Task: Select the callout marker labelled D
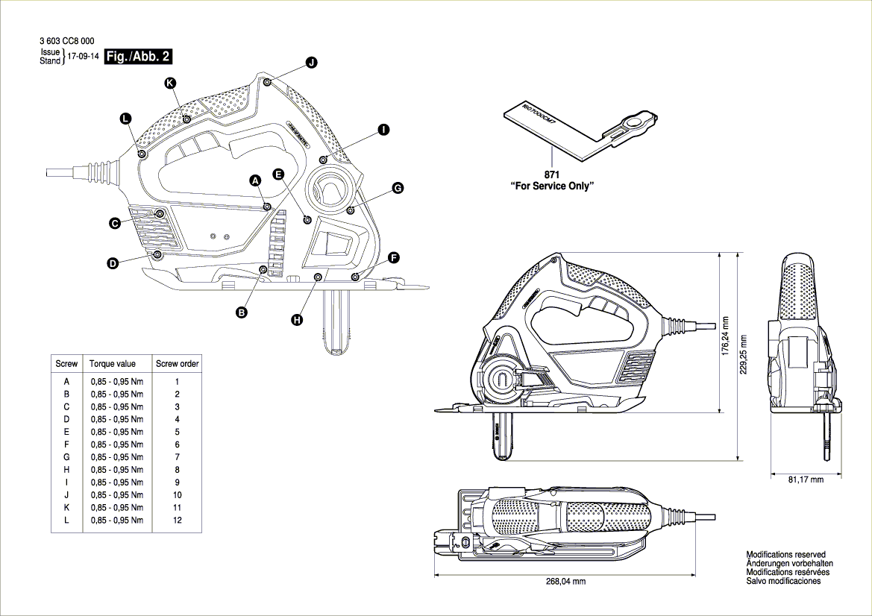click(113, 263)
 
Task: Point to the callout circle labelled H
click(297, 319)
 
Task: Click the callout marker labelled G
click(398, 189)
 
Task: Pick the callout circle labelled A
click(254, 180)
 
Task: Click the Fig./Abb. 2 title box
click(138, 57)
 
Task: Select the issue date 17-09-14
click(84, 57)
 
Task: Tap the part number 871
click(552, 175)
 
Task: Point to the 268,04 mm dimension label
click(567, 581)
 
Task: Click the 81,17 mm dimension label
click(806, 480)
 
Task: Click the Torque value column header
click(113, 364)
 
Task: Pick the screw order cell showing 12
click(177, 520)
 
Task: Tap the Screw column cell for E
click(67, 432)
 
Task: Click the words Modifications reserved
click(785, 555)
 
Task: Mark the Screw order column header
click(177, 364)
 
